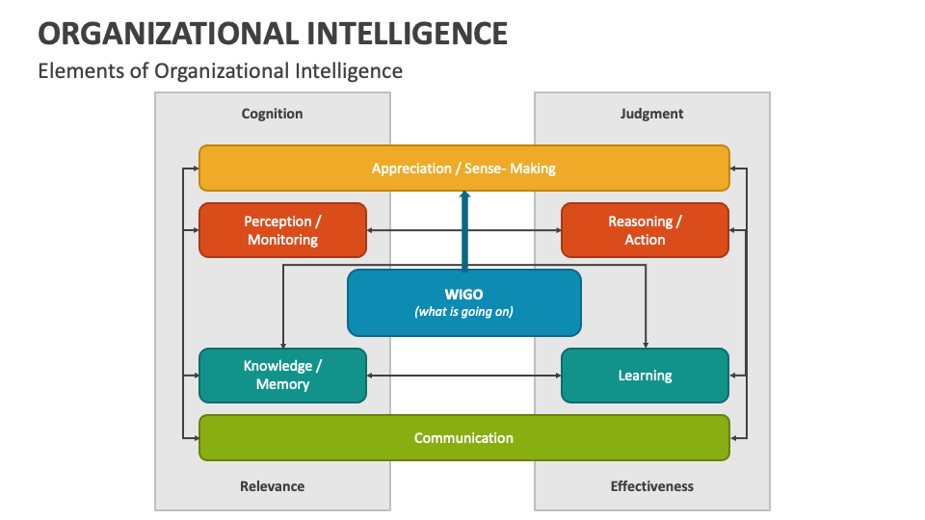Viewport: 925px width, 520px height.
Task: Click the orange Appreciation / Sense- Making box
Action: (x=463, y=169)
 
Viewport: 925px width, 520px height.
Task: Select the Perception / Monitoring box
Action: (x=282, y=230)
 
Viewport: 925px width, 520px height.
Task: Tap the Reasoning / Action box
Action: (x=645, y=230)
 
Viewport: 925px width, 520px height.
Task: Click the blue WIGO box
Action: (x=463, y=302)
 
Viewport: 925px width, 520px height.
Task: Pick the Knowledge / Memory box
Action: (x=282, y=375)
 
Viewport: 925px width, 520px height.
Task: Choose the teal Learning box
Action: (x=645, y=376)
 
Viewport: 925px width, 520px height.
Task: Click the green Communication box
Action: (x=463, y=438)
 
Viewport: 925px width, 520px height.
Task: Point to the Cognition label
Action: (x=272, y=114)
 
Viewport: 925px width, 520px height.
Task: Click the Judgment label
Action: (x=651, y=114)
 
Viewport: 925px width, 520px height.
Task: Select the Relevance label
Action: (x=272, y=486)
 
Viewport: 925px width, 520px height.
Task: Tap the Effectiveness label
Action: (x=651, y=486)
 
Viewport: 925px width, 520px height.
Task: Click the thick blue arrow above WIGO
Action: (x=464, y=231)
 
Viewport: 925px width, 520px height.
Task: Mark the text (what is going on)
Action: (x=463, y=312)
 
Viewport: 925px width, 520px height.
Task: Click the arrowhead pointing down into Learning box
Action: (x=646, y=344)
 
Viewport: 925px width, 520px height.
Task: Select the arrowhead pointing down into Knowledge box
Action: (x=282, y=344)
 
